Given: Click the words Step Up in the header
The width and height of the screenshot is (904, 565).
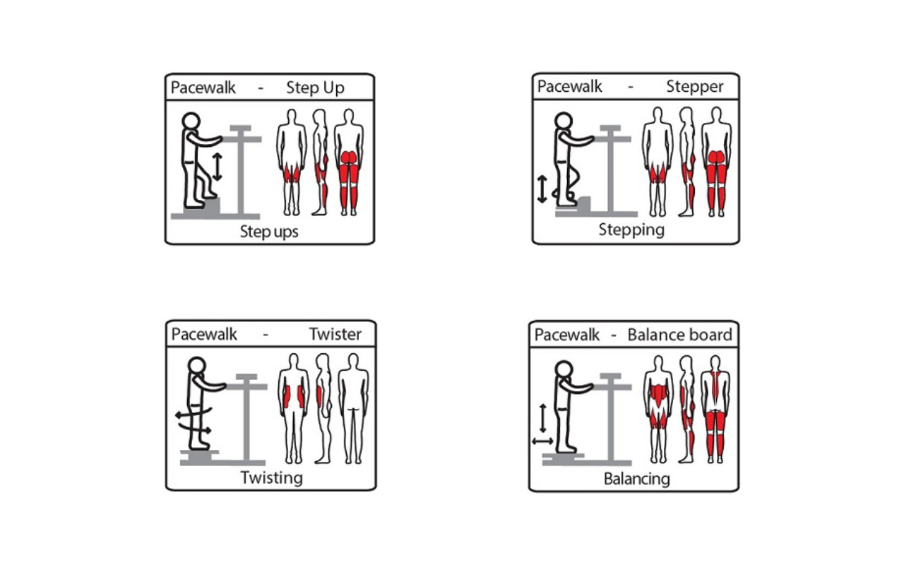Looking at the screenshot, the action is [315, 88].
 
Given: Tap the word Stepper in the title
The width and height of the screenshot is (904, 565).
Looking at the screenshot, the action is [694, 87].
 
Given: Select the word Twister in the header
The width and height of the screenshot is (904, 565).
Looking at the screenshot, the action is [335, 334].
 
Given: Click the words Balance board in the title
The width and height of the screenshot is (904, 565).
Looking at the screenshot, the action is [679, 335].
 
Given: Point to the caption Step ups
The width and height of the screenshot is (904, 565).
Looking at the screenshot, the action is [269, 232].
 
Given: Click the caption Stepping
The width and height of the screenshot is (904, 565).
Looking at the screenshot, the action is [631, 230].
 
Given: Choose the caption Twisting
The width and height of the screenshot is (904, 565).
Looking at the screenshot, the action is [272, 478].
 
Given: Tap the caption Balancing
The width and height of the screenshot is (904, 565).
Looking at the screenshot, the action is [637, 479].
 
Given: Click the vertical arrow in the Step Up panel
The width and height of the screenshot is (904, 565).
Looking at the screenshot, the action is [218, 167].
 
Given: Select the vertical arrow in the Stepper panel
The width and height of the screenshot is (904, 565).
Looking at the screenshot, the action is [542, 189].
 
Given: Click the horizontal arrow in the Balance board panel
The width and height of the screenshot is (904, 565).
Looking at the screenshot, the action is [542, 441].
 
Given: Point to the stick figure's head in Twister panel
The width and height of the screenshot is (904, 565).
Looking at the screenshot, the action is [197, 366].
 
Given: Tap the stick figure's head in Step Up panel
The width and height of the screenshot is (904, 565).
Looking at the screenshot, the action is [191, 121].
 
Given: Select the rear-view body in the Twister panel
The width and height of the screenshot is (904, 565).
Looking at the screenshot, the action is [353, 408].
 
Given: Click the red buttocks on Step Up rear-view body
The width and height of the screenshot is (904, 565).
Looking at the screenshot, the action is [349, 157].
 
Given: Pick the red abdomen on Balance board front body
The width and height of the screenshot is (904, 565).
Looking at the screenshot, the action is [659, 395].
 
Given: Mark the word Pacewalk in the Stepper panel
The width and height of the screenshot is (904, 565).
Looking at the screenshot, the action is [569, 87].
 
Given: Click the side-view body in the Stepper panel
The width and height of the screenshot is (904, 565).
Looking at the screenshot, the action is [687, 162].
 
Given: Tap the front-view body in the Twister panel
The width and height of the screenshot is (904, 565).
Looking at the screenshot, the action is [293, 408].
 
